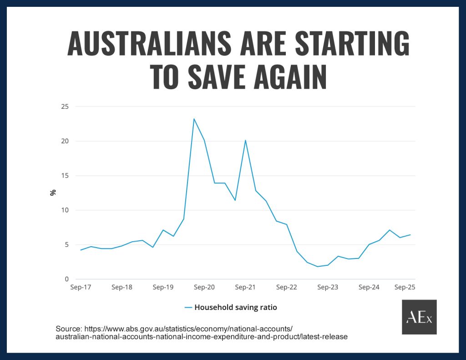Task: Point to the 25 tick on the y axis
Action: [65, 106]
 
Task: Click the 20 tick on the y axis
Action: [65, 141]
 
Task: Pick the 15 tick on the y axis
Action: [65, 176]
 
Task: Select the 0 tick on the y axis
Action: [66, 279]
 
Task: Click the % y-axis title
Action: [53, 193]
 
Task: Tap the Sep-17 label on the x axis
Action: [81, 288]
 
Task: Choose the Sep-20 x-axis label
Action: [204, 288]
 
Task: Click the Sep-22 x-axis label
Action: [287, 288]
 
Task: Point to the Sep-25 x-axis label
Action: [405, 288]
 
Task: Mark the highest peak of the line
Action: [194, 119]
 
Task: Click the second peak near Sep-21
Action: [246, 140]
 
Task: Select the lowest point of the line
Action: [318, 266]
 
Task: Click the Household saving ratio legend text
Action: [236, 307]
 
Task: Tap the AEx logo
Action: [419, 317]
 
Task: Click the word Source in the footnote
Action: [68, 329]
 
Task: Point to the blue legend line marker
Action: [189, 307]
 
